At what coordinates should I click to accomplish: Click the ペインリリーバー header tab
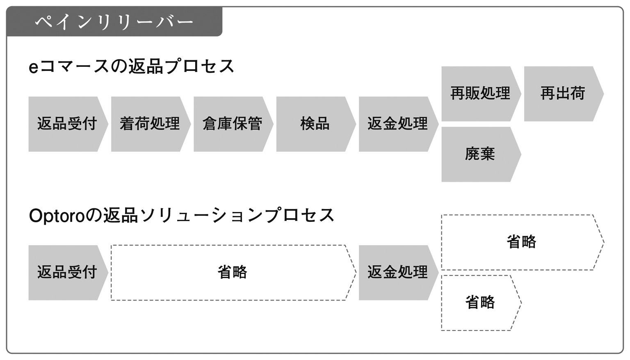(x=114, y=22)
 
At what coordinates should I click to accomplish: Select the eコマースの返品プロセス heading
(x=132, y=67)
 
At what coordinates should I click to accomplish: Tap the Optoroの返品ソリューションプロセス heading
(x=182, y=215)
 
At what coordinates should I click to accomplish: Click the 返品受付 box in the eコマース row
(x=68, y=124)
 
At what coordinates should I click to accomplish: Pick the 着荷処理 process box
(x=151, y=124)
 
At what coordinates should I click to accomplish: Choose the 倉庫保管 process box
(x=233, y=124)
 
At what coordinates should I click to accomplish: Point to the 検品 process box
(x=316, y=124)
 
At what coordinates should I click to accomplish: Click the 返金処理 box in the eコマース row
(x=399, y=124)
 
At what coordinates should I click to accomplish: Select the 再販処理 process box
(x=481, y=93)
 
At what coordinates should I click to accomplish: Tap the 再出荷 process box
(x=564, y=93)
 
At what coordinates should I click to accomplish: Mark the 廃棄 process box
(x=481, y=154)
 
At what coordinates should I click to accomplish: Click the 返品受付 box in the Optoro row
(x=68, y=273)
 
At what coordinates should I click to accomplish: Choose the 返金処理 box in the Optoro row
(x=399, y=273)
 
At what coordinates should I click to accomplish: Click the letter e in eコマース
(x=34, y=68)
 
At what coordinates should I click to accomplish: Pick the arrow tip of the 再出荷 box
(x=603, y=93)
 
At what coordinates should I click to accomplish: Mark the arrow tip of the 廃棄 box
(x=520, y=154)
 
